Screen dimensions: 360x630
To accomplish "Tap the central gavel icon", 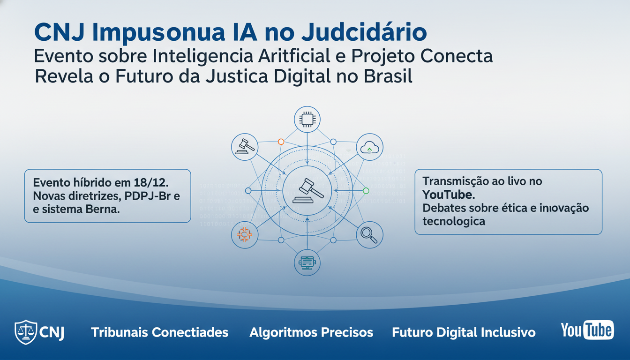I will [x=307, y=191].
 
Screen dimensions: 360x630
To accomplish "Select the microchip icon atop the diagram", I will [x=307, y=120].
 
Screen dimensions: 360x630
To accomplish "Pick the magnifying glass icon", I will [x=369, y=234].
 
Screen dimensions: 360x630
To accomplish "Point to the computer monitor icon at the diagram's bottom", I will [x=307, y=262].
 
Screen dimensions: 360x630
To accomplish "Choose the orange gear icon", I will [x=245, y=234].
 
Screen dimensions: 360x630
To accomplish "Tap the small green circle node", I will [x=366, y=191].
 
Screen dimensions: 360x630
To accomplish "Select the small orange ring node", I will [x=281, y=141].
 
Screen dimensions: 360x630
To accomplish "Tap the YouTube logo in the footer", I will [x=587, y=330].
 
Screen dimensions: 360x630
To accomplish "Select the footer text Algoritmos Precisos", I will [x=311, y=333].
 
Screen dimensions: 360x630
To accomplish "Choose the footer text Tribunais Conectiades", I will [x=159, y=333].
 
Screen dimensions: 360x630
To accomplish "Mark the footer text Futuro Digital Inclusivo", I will [x=464, y=333].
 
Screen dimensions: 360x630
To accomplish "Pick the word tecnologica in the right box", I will [x=453, y=221].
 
